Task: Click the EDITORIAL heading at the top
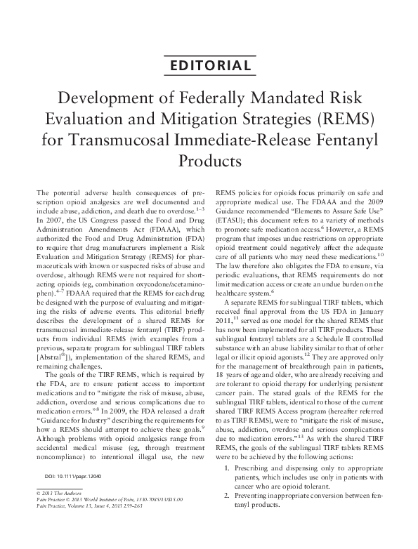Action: click(209, 67)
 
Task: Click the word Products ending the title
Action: click(209, 160)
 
